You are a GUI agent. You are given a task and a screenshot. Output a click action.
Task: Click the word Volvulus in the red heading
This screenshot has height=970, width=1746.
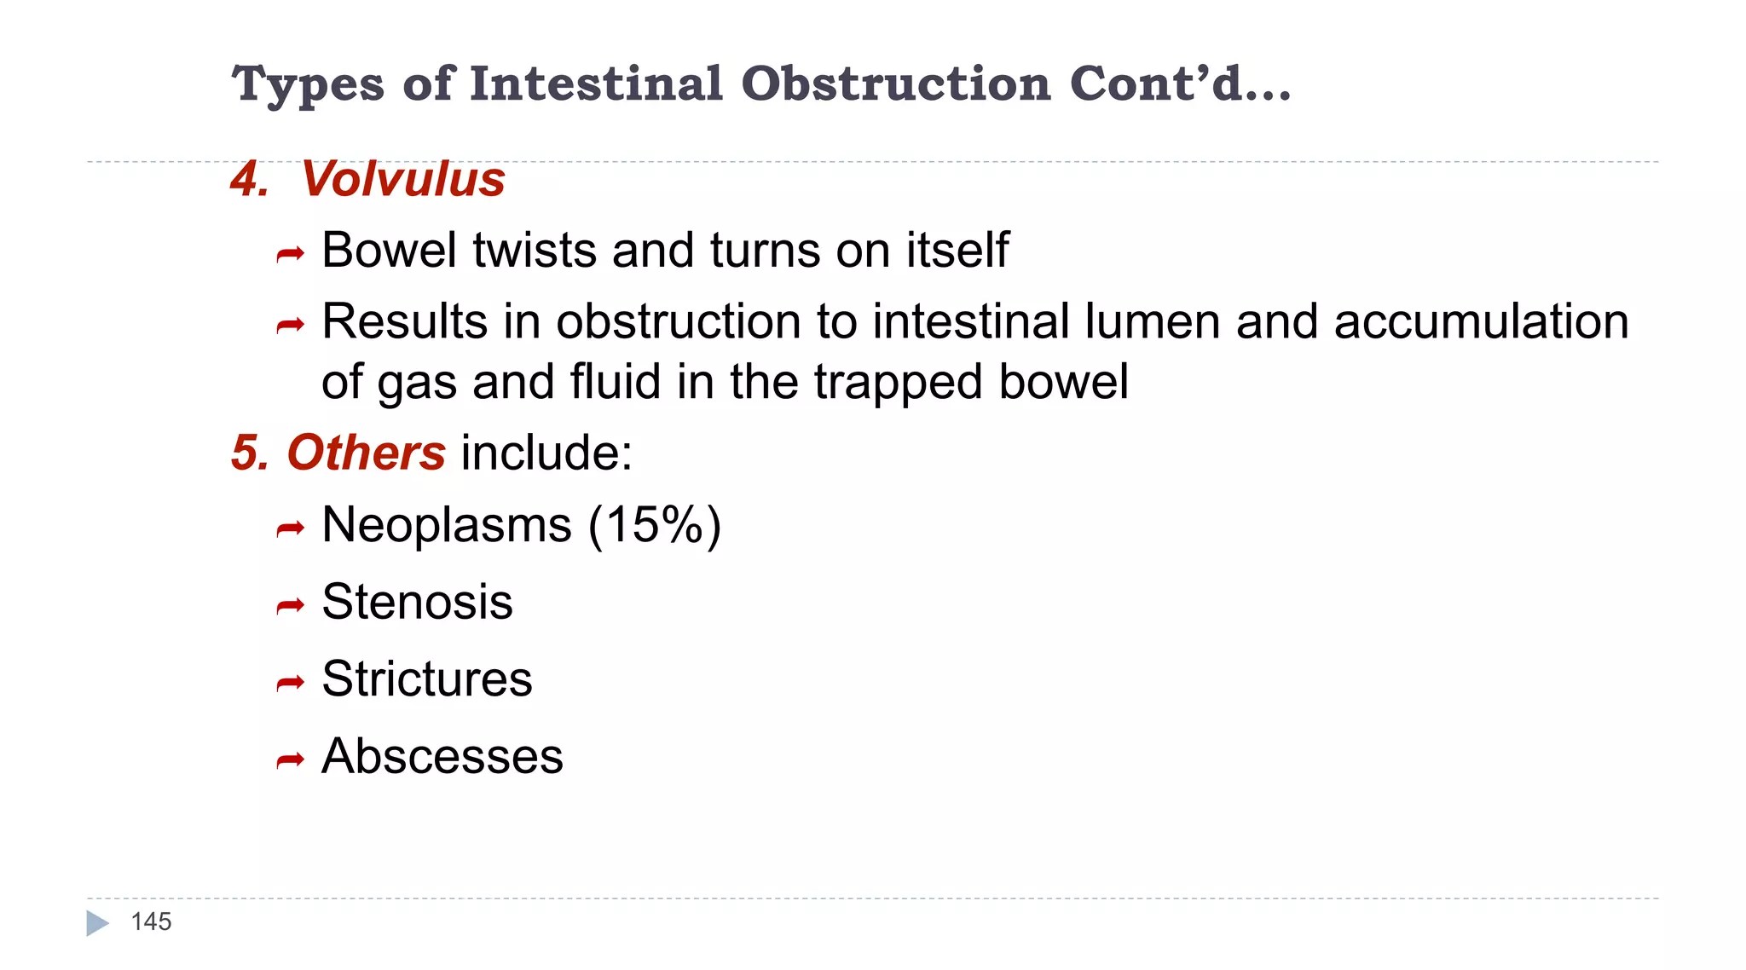402,179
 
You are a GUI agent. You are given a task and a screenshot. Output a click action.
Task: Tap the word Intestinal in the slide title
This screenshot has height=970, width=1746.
596,84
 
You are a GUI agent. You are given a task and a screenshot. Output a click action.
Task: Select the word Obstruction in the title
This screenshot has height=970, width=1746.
896,84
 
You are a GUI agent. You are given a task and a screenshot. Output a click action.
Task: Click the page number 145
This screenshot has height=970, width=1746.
151,921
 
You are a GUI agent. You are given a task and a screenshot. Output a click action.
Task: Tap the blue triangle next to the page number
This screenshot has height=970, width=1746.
97,923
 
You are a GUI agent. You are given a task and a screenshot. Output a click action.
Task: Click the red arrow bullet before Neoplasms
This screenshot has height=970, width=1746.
291,529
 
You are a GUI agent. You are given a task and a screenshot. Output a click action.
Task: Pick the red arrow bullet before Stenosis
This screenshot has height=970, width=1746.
291,606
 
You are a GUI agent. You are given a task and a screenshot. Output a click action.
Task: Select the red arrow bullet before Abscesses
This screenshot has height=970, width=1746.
291,759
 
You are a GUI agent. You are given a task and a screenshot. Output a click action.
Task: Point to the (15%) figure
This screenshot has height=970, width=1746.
655,524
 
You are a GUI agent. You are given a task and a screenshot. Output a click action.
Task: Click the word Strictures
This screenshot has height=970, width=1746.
427,679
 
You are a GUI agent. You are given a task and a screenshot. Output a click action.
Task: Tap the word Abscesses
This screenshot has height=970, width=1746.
442,756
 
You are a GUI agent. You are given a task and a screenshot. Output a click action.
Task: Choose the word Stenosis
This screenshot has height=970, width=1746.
417,602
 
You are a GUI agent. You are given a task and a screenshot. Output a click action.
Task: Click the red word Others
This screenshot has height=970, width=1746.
366,452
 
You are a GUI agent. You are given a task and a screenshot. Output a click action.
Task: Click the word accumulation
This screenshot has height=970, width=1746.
1481,322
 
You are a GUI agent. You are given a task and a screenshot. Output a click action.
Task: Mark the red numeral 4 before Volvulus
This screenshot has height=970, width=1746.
247,179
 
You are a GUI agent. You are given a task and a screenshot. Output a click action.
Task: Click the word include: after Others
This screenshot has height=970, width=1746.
546,452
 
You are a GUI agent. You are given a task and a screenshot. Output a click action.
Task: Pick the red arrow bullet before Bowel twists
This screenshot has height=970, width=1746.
291,254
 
